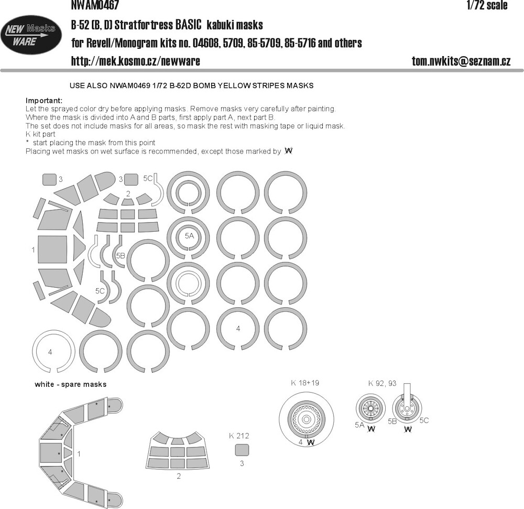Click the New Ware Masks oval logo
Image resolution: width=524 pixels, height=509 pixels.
pyautogui.click(x=31, y=35)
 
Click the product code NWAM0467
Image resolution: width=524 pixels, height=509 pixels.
pyautogui.click(x=95, y=5)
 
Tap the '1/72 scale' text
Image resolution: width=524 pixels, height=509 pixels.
pyautogui.click(x=487, y=5)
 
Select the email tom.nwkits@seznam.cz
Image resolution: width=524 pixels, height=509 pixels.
pyautogui.click(x=461, y=61)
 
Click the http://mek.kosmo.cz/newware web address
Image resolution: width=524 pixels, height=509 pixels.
pyautogui.click(x=135, y=61)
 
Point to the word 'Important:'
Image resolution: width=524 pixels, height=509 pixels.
pyautogui.click(x=44, y=101)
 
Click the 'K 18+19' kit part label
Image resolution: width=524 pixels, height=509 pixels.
pyautogui.click(x=305, y=383)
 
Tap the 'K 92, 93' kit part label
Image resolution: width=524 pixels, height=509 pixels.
pyautogui.click(x=383, y=383)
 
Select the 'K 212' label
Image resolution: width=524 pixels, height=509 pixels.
pyautogui.click(x=239, y=436)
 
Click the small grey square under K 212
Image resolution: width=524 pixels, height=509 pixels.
pyautogui.click(x=242, y=450)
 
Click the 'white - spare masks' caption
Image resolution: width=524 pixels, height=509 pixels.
pyautogui.click(x=71, y=384)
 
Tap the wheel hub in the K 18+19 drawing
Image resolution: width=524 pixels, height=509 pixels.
pyautogui.click(x=306, y=419)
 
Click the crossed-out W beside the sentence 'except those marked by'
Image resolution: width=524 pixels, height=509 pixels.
pyautogui.click(x=288, y=151)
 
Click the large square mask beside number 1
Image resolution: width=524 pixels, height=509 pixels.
pyautogui.click(x=53, y=250)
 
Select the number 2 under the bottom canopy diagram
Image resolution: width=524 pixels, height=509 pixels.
pyautogui.click(x=179, y=476)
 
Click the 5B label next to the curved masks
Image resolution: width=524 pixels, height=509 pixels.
pyautogui.click(x=121, y=256)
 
